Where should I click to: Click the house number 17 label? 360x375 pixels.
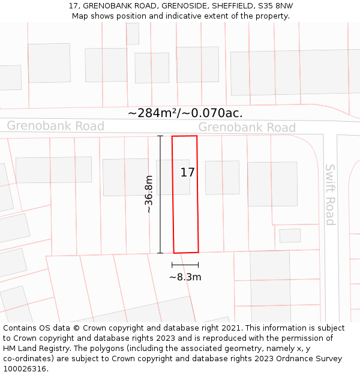tap(188, 173)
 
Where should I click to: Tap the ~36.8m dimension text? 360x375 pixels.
tap(149, 194)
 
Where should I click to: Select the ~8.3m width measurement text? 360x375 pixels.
tap(185, 277)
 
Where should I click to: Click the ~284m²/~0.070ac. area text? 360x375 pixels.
tap(185, 113)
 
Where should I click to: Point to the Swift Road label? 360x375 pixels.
tap(330, 194)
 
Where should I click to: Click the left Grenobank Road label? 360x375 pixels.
tap(55, 126)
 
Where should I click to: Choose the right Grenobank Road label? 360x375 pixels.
tap(247, 127)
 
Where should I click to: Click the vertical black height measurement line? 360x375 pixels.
tap(160, 194)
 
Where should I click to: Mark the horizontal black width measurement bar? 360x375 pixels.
tap(185, 265)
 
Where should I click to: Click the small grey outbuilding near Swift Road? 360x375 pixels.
tap(290, 236)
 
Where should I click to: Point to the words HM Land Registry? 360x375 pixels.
tap(32, 349)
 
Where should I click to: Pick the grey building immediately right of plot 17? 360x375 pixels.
tap(222, 178)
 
